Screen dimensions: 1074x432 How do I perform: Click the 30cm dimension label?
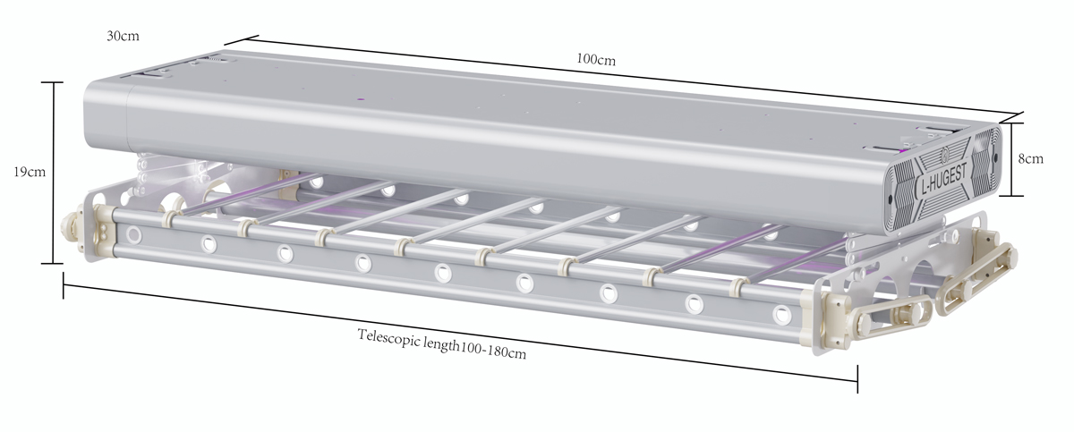(x=123, y=36)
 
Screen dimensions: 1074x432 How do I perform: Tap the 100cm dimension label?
(x=595, y=59)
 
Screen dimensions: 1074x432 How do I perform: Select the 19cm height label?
(x=30, y=172)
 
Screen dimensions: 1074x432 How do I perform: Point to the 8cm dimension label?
(x=1030, y=158)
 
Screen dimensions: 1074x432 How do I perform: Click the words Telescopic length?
(x=408, y=340)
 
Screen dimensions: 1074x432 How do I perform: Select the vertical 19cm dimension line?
(x=52, y=173)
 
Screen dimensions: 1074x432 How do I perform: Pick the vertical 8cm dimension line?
(x=1011, y=159)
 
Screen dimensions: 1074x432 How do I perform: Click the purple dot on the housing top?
(x=361, y=99)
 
